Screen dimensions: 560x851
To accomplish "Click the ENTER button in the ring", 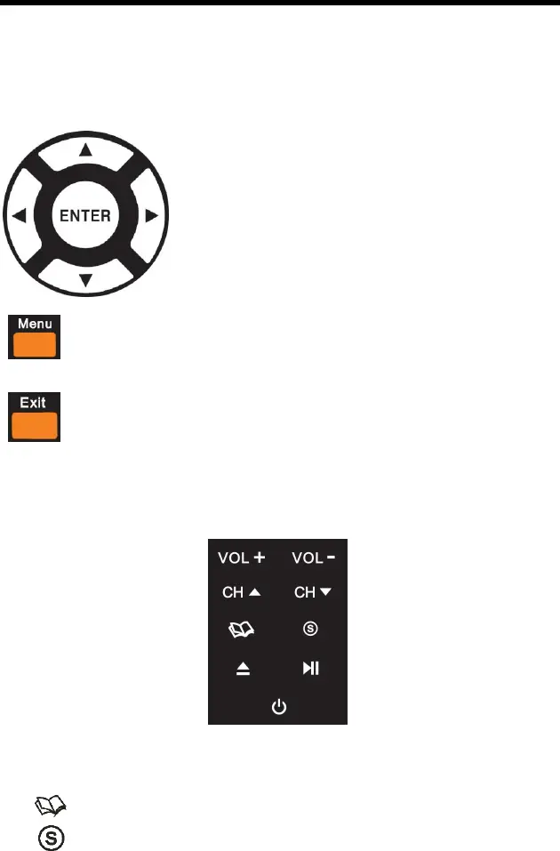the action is tap(85, 214).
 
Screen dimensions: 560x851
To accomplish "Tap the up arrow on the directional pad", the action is tap(85, 150).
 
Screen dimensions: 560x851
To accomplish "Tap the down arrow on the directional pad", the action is tap(85, 280).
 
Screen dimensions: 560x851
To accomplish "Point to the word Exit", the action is tap(34, 403).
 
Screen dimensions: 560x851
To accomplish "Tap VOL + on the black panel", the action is tap(243, 559).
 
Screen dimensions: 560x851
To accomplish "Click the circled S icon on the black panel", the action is tap(311, 629).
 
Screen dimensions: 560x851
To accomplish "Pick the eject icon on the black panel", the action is tap(243, 669).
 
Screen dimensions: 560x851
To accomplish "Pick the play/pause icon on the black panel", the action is tap(311, 669).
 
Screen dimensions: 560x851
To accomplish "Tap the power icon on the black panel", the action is tap(279, 707).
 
